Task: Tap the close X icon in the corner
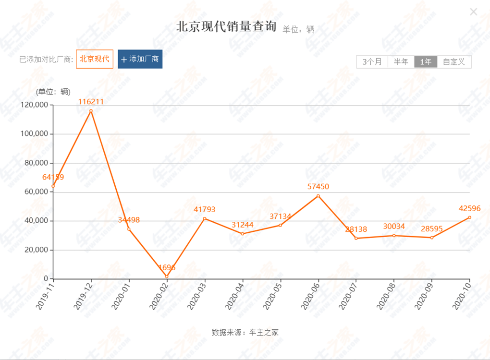(473, 12)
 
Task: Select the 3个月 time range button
(372, 62)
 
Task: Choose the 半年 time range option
(401, 62)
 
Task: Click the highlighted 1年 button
(426, 62)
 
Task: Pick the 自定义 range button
(454, 62)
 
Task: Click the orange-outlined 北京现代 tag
(95, 59)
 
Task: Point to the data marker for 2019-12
(91, 111)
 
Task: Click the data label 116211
(91, 102)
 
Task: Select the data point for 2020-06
(318, 196)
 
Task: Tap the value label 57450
(318, 187)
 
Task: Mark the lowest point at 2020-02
(167, 276)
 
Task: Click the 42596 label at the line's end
(469, 208)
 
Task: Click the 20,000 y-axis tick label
(36, 250)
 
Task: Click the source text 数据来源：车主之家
(245, 332)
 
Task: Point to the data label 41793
(205, 209)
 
